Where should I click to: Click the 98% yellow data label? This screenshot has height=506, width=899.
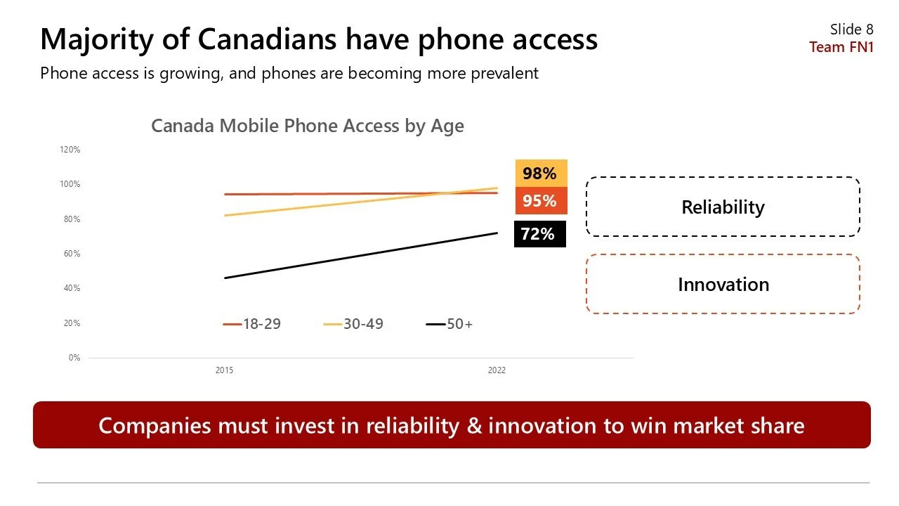540,174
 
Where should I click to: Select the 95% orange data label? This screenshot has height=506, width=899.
540,201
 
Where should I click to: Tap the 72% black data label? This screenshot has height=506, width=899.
539,234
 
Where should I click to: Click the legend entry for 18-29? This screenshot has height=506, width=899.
252,324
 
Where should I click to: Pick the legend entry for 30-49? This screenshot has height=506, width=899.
354,324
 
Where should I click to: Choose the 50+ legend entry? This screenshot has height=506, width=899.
450,324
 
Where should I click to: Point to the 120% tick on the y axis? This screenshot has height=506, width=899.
70,150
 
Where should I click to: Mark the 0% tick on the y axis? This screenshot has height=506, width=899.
74,358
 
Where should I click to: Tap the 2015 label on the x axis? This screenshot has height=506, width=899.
224,370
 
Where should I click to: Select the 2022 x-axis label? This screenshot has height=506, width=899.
497,370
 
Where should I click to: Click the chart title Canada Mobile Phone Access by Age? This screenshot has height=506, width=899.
308,126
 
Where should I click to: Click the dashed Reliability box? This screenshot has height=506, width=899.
723,207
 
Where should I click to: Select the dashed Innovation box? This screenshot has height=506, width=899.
723,284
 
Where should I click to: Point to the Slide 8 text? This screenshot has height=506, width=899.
851,29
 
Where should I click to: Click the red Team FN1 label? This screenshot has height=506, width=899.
841,47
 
